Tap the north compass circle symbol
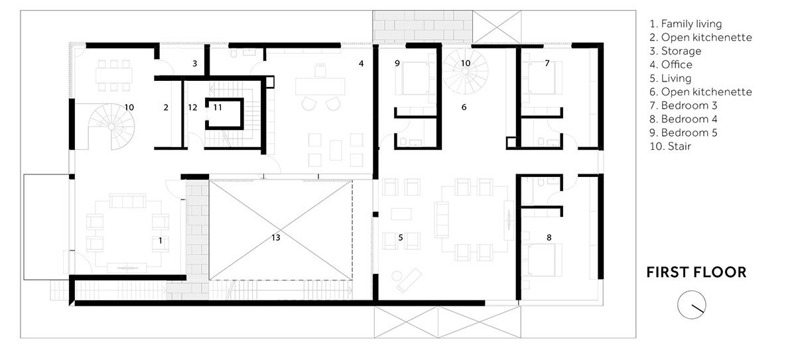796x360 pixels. [691, 304]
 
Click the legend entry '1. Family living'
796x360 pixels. [686, 24]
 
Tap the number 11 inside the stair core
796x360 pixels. [218, 107]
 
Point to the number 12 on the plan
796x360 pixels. [192, 107]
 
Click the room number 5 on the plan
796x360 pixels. [400, 237]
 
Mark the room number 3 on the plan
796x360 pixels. [194, 64]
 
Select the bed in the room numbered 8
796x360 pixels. [544, 260]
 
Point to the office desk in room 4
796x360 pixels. [321, 87]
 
